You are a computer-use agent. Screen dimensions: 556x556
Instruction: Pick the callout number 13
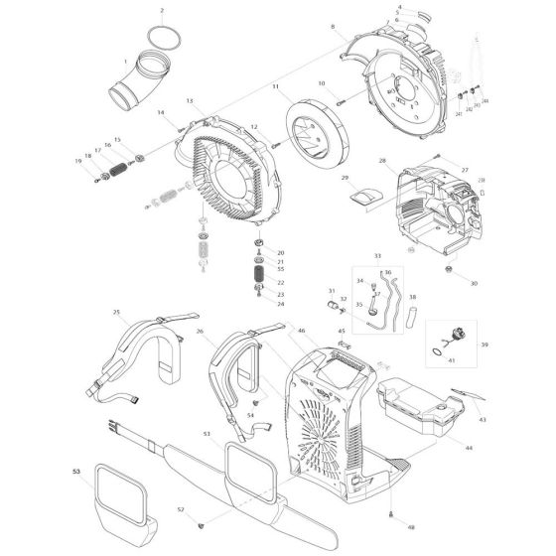(x=189, y=101)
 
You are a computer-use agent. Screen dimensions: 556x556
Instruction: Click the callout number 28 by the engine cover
(x=381, y=160)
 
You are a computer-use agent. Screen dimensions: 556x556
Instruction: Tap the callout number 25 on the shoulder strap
(x=117, y=313)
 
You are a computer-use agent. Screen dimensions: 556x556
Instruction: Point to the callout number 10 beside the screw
(x=323, y=82)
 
